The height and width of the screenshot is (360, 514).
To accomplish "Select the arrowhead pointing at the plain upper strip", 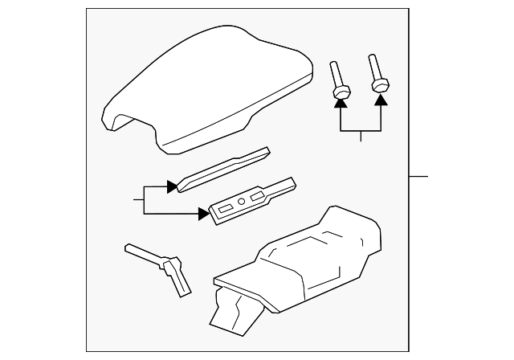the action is pos(171,186).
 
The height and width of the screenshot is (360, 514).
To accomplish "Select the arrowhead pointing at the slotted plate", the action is pos(203,213).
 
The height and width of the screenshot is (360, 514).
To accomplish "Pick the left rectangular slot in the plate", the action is pos(225,207).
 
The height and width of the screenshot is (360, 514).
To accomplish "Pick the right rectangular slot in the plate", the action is pos(258,196).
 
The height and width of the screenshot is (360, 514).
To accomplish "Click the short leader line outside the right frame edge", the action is pos(419,176).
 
